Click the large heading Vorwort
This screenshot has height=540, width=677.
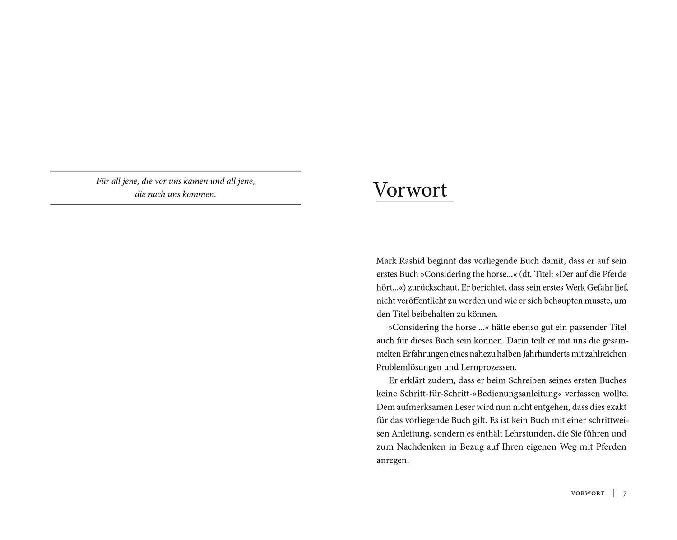(410, 190)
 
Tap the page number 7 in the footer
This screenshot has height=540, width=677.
(625, 493)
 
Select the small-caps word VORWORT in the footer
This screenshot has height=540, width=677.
(588, 493)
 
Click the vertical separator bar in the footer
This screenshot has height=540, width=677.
(614, 493)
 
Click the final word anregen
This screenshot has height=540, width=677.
(392, 461)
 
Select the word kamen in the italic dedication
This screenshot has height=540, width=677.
(195, 181)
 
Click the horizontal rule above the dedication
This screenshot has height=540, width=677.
(175, 171)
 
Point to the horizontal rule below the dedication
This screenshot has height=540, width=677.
(175, 204)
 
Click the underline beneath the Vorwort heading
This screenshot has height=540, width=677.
(414, 202)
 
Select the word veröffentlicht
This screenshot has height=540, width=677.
(417, 301)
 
